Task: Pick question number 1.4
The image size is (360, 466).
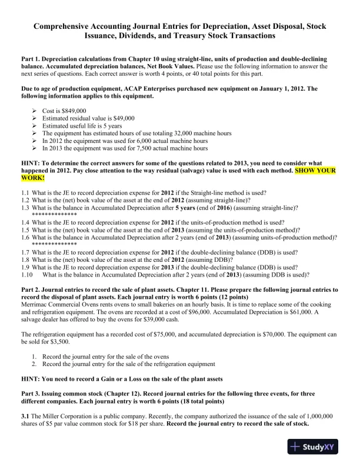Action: [25, 223]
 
